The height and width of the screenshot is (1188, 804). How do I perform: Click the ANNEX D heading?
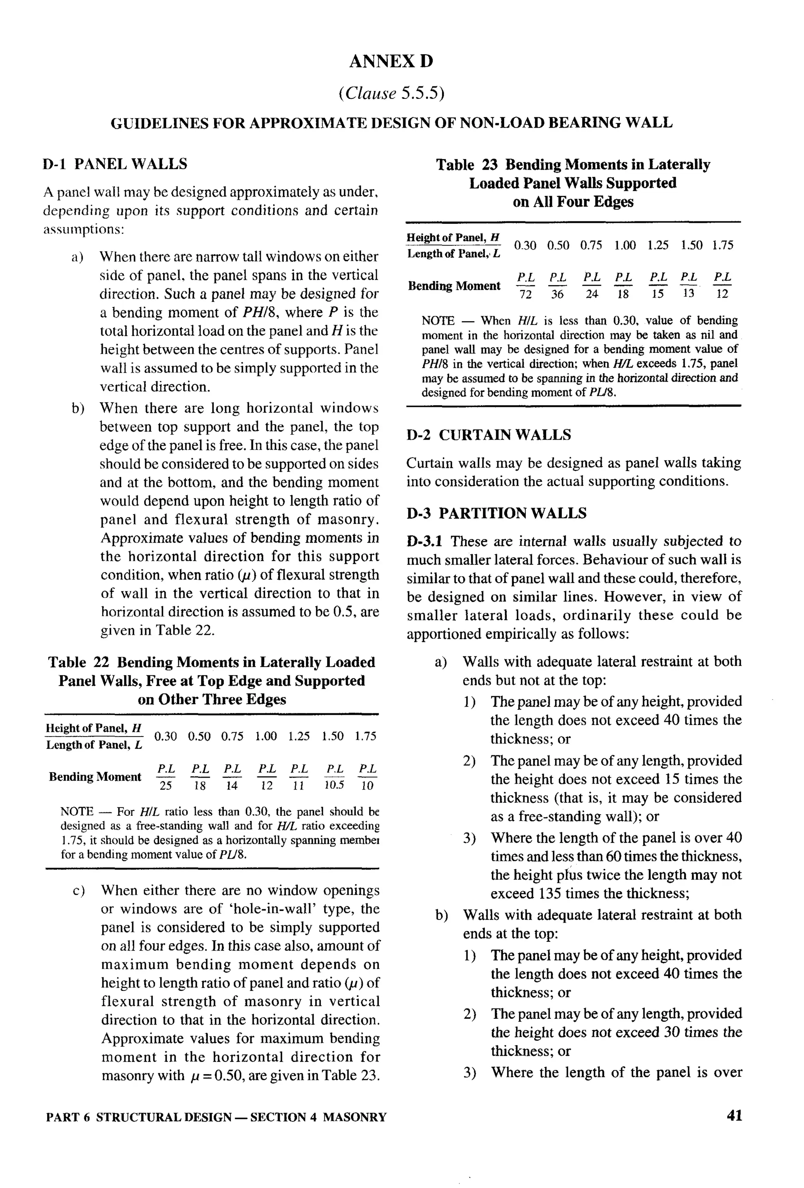[x=391, y=61]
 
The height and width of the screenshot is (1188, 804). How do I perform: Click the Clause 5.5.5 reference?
[x=391, y=93]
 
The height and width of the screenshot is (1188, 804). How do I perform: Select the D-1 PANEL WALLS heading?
[x=115, y=164]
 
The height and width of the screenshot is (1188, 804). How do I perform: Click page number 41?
[x=734, y=1115]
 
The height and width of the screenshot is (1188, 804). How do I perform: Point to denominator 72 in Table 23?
[x=525, y=294]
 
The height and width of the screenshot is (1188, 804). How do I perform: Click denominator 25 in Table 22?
[x=166, y=786]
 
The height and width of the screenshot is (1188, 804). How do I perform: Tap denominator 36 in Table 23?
[x=557, y=294]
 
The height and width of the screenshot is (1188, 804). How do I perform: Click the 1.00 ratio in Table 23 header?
[x=625, y=245]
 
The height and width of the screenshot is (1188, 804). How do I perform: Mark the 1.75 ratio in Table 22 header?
[x=365, y=736]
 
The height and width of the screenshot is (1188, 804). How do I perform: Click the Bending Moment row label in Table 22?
[x=95, y=777]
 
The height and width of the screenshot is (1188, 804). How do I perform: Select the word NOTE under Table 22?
[x=77, y=812]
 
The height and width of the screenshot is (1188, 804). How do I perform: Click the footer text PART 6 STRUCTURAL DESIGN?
[x=139, y=1117]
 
